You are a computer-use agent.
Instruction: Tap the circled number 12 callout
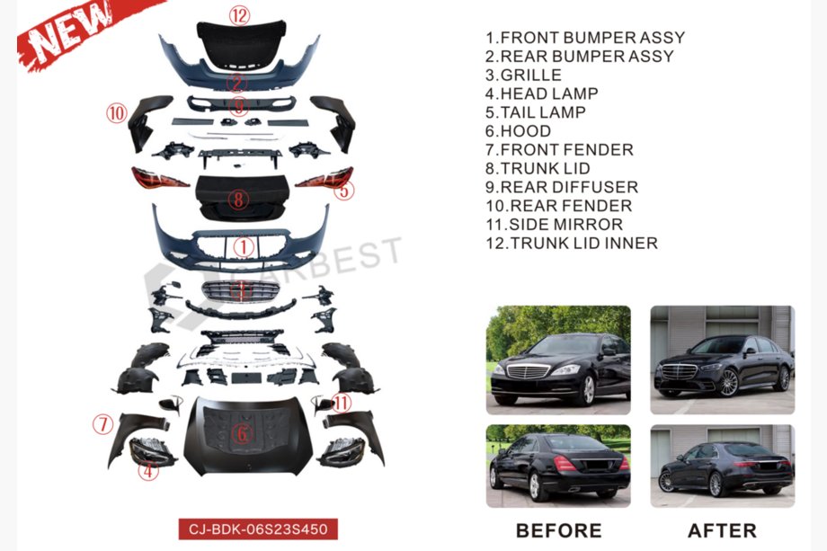click(x=239, y=15)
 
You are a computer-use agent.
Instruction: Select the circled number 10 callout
click(x=117, y=113)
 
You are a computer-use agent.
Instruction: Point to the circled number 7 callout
click(x=102, y=424)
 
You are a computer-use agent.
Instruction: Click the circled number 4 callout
click(x=148, y=470)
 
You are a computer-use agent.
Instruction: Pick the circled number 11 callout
click(x=342, y=404)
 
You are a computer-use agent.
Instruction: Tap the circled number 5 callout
click(x=344, y=191)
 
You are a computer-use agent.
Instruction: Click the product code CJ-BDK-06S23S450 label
click(x=258, y=529)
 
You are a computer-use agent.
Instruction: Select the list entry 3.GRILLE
click(x=523, y=75)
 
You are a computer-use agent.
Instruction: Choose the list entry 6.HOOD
click(x=518, y=130)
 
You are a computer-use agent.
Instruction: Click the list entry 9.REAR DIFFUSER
click(x=562, y=187)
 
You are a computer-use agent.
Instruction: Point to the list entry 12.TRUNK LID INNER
click(x=572, y=243)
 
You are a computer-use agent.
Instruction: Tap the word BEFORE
click(x=558, y=530)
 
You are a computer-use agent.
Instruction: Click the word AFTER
click(x=722, y=530)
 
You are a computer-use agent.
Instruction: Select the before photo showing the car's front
click(x=558, y=360)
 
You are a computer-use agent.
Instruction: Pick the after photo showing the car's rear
click(x=722, y=467)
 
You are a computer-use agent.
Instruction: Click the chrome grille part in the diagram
click(x=241, y=291)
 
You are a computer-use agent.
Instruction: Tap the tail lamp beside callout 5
click(x=325, y=178)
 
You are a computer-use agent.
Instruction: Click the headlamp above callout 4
click(x=152, y=452)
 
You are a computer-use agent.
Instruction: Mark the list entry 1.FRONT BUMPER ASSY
click(x=585, y=38)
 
